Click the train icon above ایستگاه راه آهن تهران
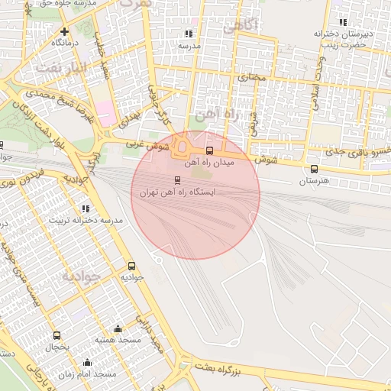click(178, 180)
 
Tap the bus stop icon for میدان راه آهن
click(210, 150)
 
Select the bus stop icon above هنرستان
click(314, 170)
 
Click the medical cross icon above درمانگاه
click(65, 32)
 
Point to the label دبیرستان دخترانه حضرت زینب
click(344, 39)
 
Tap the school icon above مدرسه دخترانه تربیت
click(85, 208)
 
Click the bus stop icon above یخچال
click(57, 334)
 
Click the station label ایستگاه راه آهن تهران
click(177, 193)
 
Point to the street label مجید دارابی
click(150, 333)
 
